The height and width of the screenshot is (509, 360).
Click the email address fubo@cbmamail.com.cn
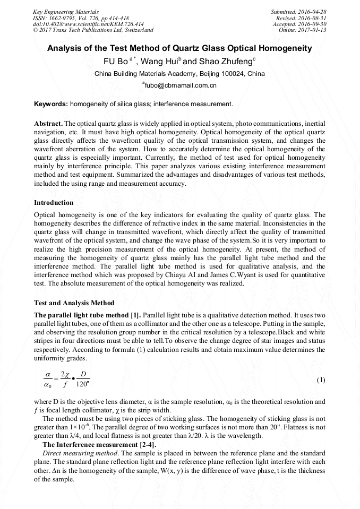[181, 85]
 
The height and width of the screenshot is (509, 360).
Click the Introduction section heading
[54, 203]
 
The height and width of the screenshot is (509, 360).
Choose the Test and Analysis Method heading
[74, 303]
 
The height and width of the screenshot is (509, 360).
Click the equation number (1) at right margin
[321, 380]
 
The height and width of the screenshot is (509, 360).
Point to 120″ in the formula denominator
[83, 385]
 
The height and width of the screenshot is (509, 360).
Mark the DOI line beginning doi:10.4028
[88, 24]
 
